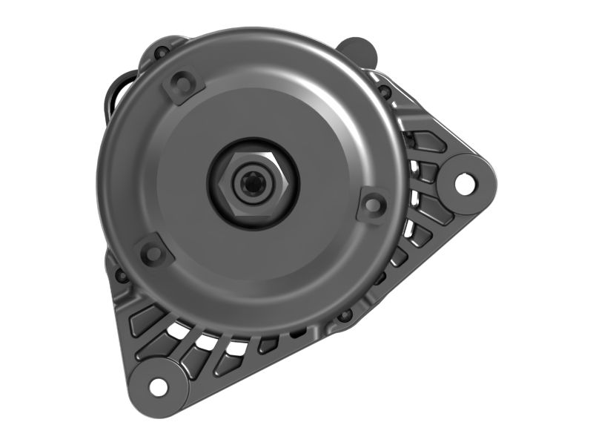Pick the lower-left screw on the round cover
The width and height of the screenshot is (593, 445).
click(x=153, y=254)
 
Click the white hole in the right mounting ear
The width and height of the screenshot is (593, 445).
click(x=464, y=182)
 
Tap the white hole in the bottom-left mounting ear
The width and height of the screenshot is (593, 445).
click(x=158, y=386)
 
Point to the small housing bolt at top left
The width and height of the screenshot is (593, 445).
click(x=161, y=53)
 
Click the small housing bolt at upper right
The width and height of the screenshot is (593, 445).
click(x=385, y=92)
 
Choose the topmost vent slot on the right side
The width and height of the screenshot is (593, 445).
click(x=428, y=141)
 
